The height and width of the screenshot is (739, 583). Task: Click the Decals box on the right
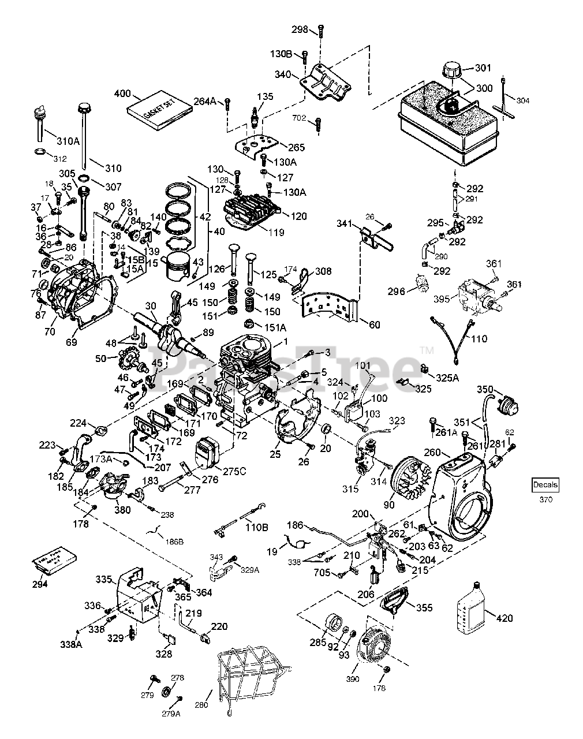pos(545,486)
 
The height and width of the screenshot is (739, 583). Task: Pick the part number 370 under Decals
pos(545,499)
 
